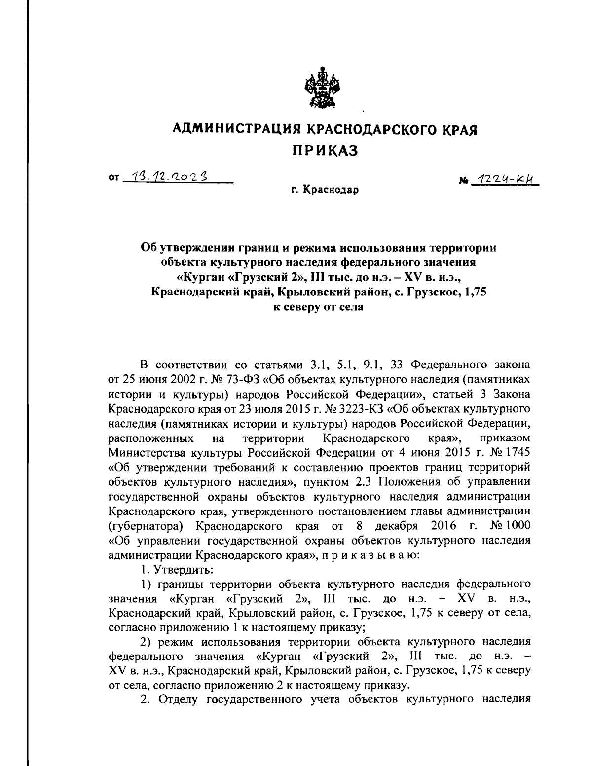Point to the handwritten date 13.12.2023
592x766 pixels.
pos(167,176)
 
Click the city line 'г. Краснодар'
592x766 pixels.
pos(325,189)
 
